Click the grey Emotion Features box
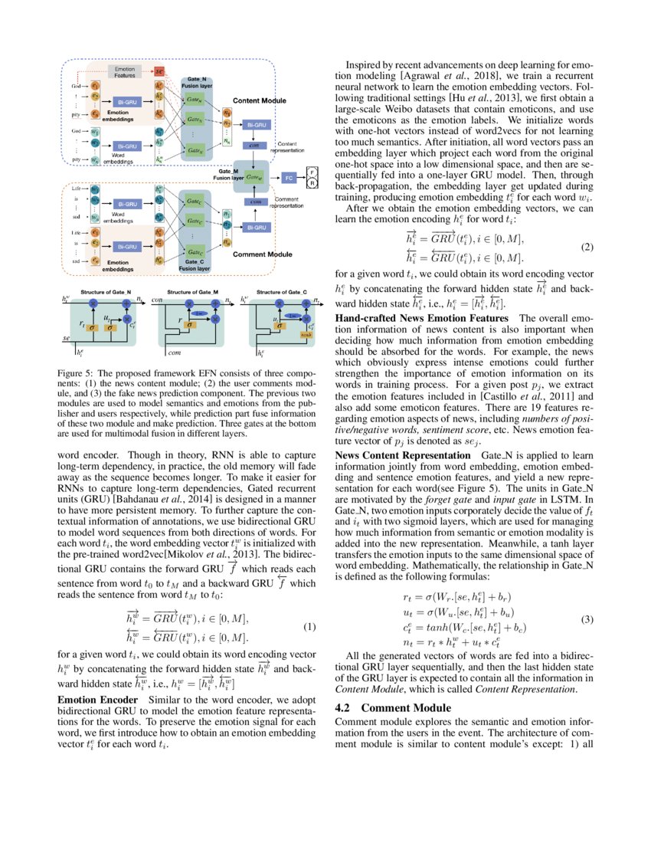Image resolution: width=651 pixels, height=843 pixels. [x=125, y=72]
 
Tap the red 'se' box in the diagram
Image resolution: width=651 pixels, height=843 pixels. [x=159, y=71]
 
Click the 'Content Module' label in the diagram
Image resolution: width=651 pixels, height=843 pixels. [x=259, y=100]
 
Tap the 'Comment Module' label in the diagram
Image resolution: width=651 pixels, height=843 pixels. [x=260, y=254]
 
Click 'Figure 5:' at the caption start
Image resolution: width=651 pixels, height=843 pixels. [x=77, y=374]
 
